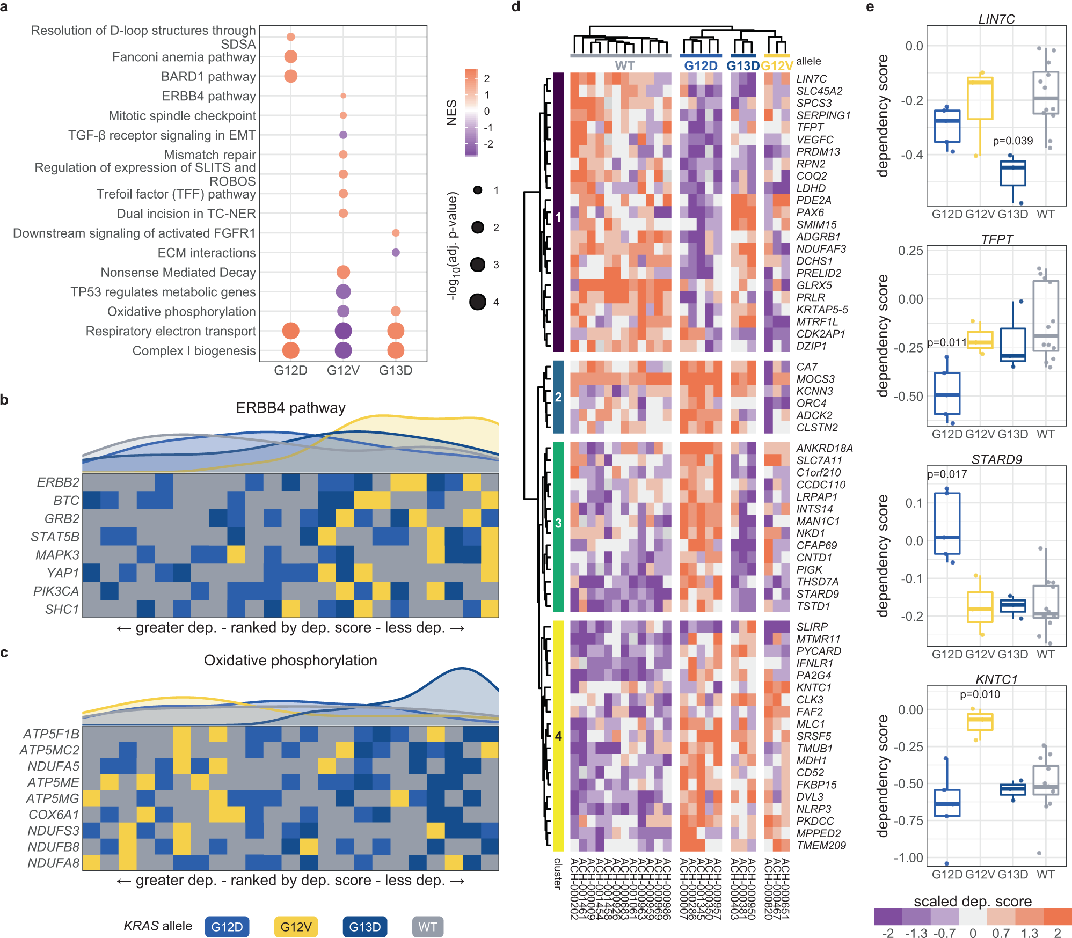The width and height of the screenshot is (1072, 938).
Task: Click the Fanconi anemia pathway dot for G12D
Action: pyautogui.click(x=290, y=56)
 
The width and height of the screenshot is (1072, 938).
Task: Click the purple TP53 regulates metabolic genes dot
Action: pyautogui.click(x=343, y=291)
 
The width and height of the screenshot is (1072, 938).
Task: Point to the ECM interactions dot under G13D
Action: pyautogui.click(x=396, y=252)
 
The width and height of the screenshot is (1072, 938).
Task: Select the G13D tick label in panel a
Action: pyautogui.click(x=396, y=371)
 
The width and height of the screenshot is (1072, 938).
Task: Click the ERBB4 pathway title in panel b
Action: pyautogui.click(x=290, y=408)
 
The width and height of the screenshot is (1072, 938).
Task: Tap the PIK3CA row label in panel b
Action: pyautogui.click(x=56, y=591)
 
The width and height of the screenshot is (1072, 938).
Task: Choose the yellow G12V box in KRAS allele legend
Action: pyautogui.click(x=296, y=927)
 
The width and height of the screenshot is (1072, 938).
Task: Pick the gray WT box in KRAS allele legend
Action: pyautogui.click(x=427, y=927)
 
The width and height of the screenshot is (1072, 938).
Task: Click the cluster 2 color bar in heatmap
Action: pyautogui.click(x=558, y=397)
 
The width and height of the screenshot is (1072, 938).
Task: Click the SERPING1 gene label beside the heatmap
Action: pyautogui.click(x=823, y=115)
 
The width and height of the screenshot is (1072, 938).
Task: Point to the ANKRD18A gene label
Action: pyautogui.click(x=824, y=448)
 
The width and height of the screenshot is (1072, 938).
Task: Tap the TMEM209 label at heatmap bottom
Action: pyautogui.click(x=821, y=846)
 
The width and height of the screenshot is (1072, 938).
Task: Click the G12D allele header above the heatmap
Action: pyautogui.click(x=701, y=66)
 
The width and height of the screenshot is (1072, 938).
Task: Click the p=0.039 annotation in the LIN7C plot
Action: pyautogui.click(x=1012, y=141)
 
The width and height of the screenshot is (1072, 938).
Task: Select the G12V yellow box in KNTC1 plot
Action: pyautogui.click(x=980, y=722)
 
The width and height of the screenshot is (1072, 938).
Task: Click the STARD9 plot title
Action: pyautogui.click(x=996, y=459)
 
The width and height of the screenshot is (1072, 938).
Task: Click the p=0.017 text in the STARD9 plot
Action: pyautogui.click(x=947, y=474)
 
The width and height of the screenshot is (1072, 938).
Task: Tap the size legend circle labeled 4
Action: pyautogui.click(x=478, y=302)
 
